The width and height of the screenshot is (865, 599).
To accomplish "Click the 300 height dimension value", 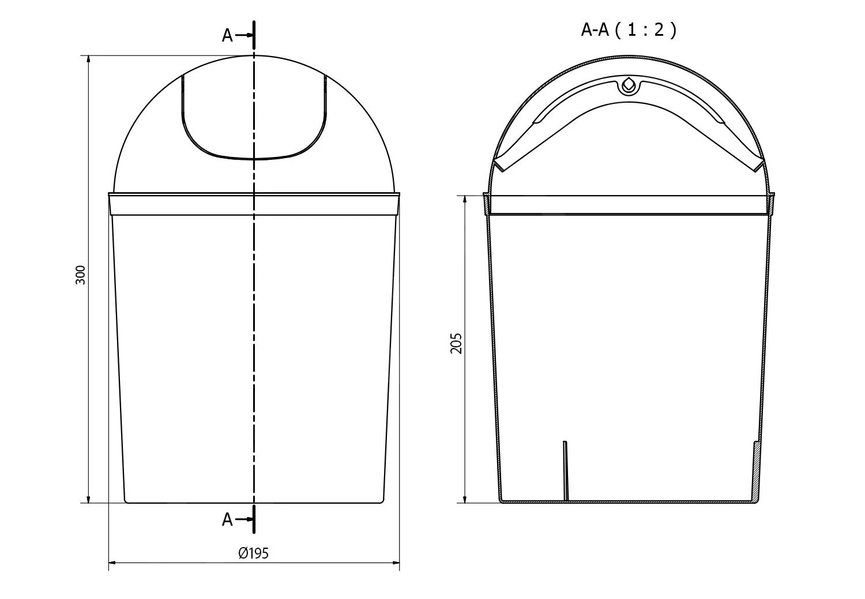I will pyautogui.click(x=81, y=275).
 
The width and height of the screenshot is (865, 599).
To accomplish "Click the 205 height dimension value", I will pyautogui.click(x=457, y=343).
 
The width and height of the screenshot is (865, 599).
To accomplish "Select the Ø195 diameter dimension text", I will pyautogui.click(x=254, y=553).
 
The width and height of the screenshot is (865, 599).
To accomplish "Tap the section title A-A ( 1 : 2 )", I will pyautogui.click(x=629, y=29).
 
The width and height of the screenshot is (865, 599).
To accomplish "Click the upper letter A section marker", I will pyautogui.click(x=227, y=36).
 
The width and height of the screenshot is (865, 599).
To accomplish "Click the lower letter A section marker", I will pyautogui.click(x=227, y=520).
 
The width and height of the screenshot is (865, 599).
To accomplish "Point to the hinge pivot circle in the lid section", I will pyautogui.click(x=629, y=85).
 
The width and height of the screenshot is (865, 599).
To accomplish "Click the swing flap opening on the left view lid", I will pyautogui.click(x=254, y=121).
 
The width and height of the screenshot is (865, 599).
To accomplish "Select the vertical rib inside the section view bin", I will pyautogui.click(x=566, y=470).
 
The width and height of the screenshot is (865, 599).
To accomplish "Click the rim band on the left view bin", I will pyautogui.click(x=173, y=204).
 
